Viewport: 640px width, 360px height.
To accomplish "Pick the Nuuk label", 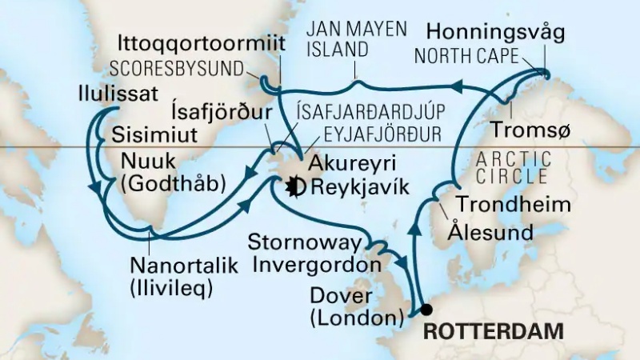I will tap(145, 160).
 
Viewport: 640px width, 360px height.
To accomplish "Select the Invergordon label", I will tap(318, 265).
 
